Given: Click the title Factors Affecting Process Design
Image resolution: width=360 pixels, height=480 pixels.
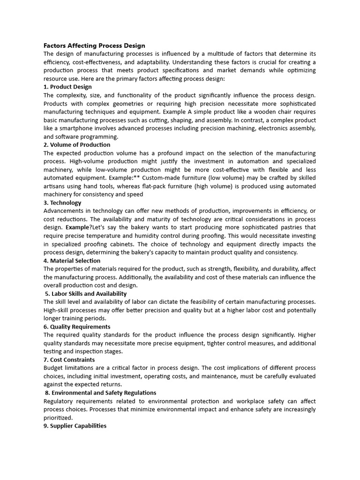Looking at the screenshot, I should [94, 45].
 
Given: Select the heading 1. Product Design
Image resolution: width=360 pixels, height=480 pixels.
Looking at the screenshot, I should [67, 87].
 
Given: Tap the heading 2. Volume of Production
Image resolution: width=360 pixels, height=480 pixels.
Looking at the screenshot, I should [77, 145].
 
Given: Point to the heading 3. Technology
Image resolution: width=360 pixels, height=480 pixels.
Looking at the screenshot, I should [62, 203].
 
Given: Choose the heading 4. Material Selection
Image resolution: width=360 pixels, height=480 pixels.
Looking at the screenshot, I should [72, 261].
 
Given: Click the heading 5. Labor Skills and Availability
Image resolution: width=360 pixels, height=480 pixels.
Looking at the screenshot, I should [86, 294].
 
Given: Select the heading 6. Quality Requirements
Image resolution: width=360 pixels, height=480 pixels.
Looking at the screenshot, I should [77, 327].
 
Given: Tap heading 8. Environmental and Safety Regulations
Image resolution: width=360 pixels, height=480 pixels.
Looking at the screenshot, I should [101, 393].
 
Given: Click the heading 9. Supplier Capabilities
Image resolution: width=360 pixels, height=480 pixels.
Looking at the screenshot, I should [75, 426].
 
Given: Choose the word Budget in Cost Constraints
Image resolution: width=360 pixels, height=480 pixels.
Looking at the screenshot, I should [54, 368].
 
